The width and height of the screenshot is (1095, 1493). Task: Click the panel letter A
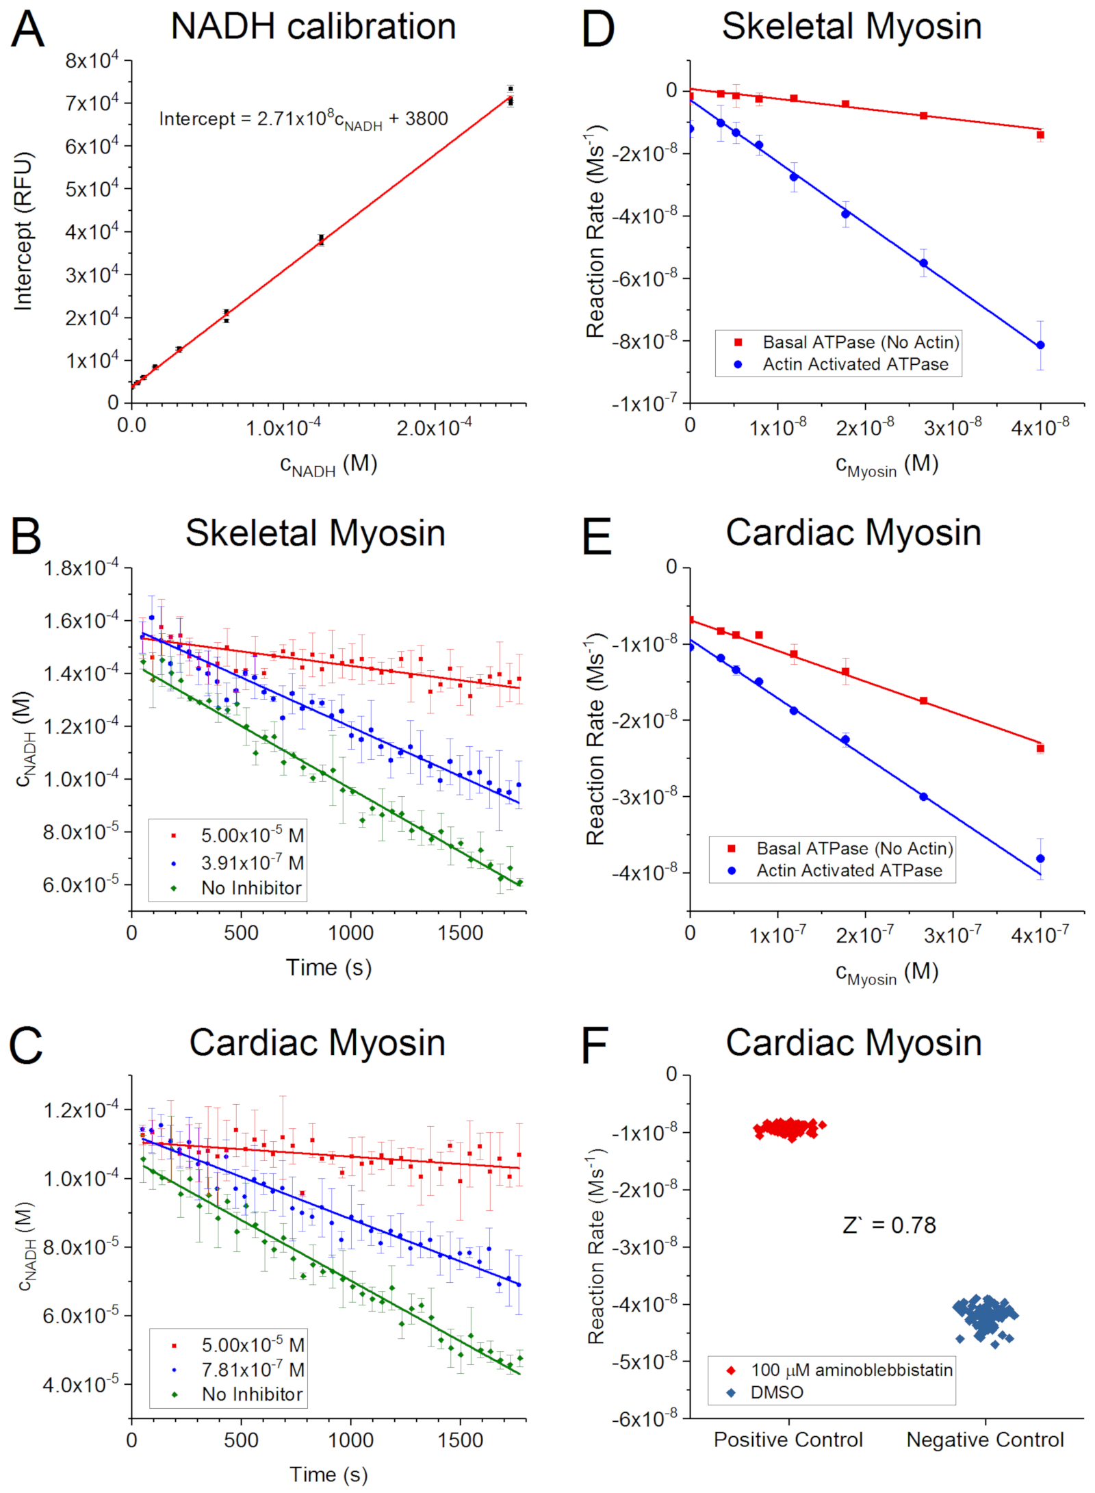click(x=27, y=30)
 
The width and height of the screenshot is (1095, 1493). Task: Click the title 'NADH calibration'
click(x=313, y=27)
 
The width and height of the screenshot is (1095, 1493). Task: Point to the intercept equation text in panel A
click(x=303, y=120)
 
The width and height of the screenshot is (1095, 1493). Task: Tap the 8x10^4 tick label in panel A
click(x=92, y=61)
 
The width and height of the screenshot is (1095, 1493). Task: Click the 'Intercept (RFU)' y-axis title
click(x=24, y=231)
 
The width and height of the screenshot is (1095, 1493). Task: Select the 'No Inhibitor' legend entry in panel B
click(x=251, y=888)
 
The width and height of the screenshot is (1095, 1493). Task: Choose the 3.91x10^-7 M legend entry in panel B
click(x=252, y=863)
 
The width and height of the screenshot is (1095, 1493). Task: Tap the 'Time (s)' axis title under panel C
click(x=328, y=1474)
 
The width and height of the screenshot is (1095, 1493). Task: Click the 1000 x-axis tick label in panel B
click(x=350, y=933)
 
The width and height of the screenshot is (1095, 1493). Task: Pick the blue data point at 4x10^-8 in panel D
click(x=1040, y=345)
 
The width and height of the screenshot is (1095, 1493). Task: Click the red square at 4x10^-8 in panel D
click(x=1040, y=135)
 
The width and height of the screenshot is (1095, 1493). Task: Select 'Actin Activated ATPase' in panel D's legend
click(x=855, y=364)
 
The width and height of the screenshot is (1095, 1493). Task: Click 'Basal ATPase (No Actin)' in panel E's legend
click(x=854, y=849)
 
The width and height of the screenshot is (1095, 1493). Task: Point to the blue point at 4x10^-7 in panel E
click(x=1040, y=858)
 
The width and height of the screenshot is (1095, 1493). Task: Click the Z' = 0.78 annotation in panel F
click(x=888, y=1225)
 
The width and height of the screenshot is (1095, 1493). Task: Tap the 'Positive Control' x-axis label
click(x=788, y=1440)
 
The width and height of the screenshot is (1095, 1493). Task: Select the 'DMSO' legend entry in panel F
click(x=777, y=1392)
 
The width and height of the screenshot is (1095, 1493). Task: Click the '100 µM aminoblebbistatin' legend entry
click(x=851, y=1370)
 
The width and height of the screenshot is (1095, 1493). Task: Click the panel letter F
click(x=595, y=1045)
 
